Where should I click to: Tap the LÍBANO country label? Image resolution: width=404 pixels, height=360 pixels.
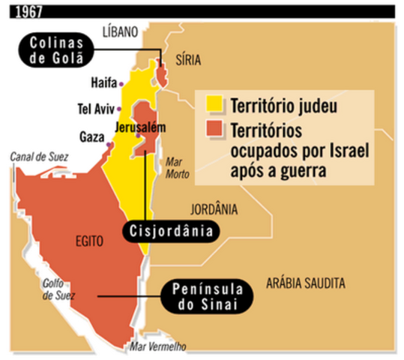click(x=121, y=31)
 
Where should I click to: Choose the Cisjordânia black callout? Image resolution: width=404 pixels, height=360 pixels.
click(x=167, y=229)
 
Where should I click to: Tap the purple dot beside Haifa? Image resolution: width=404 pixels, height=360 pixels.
click(x=122, y=83)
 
